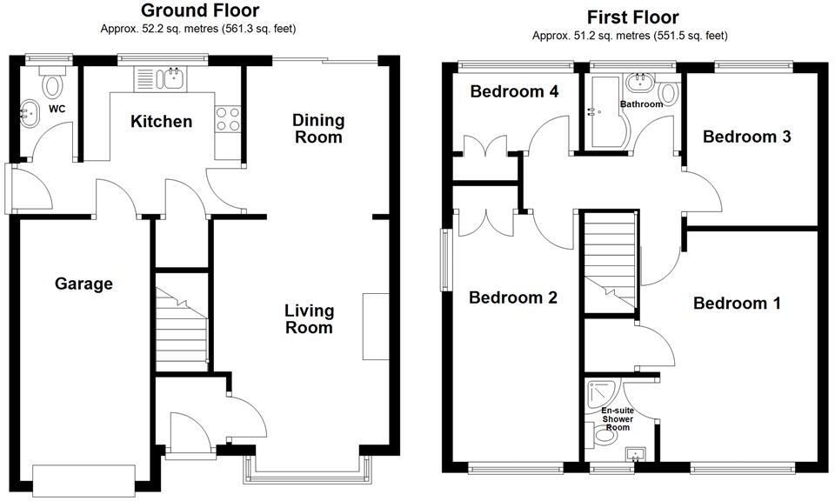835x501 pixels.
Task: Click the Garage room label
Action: [x=83, y=284]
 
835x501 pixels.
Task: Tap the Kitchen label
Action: [x=162, y=122]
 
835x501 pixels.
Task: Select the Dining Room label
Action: [x=318, y=129]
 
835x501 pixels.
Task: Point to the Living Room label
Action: [x=310, y=318]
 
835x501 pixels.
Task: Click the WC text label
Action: [x=57, y=109]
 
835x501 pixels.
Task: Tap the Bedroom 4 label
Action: [x=514, y=91]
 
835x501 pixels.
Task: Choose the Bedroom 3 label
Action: [x=746, y=137]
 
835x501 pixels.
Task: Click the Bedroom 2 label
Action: [x=513, y=297]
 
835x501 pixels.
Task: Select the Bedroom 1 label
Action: [x=737, y=304]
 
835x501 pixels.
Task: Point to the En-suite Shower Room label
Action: [x=618, y=419]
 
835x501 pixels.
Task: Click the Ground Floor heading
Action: [x=200, y=10]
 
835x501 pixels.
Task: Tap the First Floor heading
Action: [x=632, y=17]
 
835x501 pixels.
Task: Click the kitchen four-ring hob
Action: [x=227, y=119]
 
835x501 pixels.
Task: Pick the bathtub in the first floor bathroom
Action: [x=606, y=112]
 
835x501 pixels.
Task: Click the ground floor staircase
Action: [x=181, y=323]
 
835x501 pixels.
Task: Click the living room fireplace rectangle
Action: [x=377, y=326]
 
